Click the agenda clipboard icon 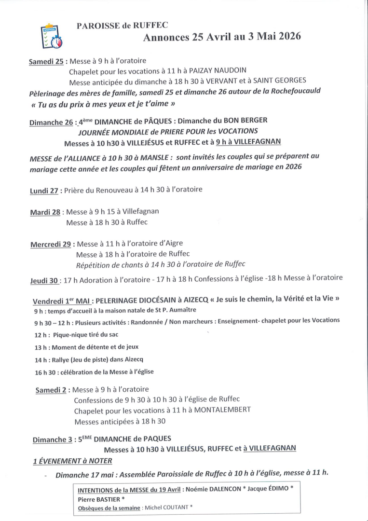[52, 36]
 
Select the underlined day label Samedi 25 [47, 62]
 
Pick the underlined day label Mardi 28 [45, 212]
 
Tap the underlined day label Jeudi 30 [45, 280]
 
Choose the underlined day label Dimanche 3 [52, 439]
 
